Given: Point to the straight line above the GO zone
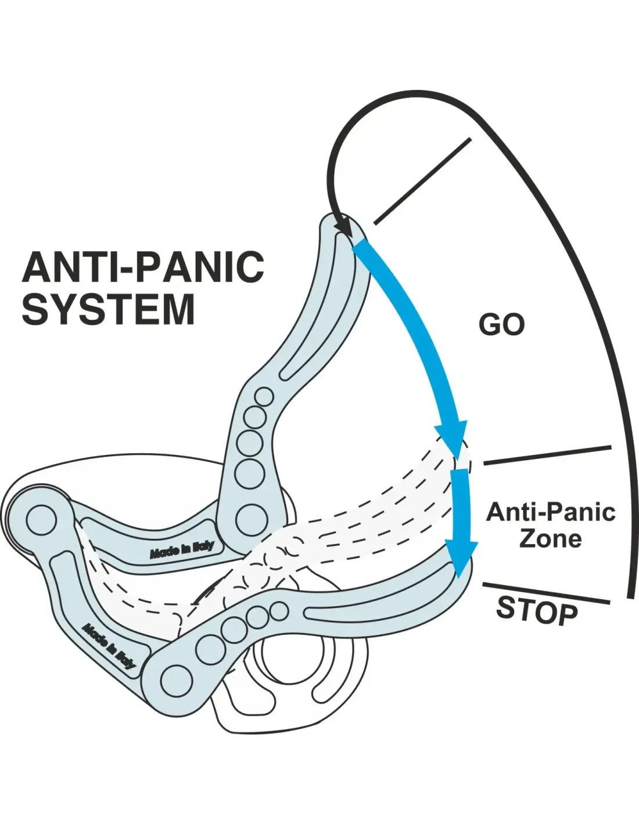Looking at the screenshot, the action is [423, 181].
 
